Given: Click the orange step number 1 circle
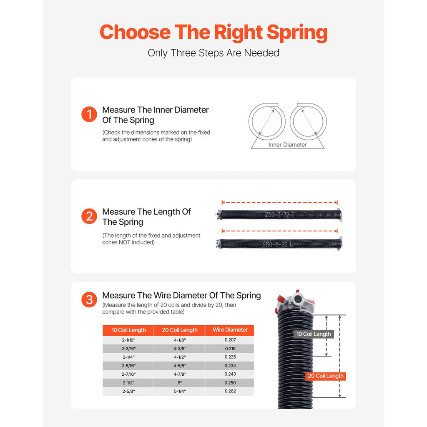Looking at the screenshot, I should pyautogui.click(x=89, y=115).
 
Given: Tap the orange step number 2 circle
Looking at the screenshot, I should pyautogui.click(x=89, y=216).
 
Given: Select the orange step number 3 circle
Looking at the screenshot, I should pyautogui.click(x=89, y=299).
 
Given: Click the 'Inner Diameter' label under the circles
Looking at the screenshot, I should pyautogui.click(x=287, y=145).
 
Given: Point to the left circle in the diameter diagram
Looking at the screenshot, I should pyautogui.click(x=267, y=121).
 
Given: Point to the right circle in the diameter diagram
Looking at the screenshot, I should pyautogui.click(x=308, y=121).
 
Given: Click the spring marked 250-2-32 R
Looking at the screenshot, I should pyautogui.click(x=279, y=215).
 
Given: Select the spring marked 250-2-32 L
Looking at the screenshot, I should pyautogui.click(x=279, y=244).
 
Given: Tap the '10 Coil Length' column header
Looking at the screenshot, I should pyautogui.click(x=128, y=330).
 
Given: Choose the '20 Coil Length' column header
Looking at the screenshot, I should pyautogui.click(x=180, y=330).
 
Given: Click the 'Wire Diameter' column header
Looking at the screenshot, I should pyautogui.click(x=230, y=330).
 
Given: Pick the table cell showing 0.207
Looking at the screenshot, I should pyautogui.click(x=230, y=340).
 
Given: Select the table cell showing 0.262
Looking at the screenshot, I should pyautogui.click(x=230, y=392).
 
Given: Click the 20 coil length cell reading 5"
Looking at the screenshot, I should pyautogui.click(x=180, y=383).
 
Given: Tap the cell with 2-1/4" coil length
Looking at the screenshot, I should pyautogui.click(x=128, y=357).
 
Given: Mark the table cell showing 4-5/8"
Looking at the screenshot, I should pyautogui.click(x=180, y=366).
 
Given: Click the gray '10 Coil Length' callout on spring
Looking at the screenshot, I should pyautogui.click(x=314, y=334).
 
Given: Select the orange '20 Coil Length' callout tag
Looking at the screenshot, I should pyautogui.click(x=326, y=376).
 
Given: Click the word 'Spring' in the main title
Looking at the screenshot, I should pyautogui.click(x=297, y=32).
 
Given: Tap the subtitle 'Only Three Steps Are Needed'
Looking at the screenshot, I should pyautogui.click(x=213, y=53).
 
